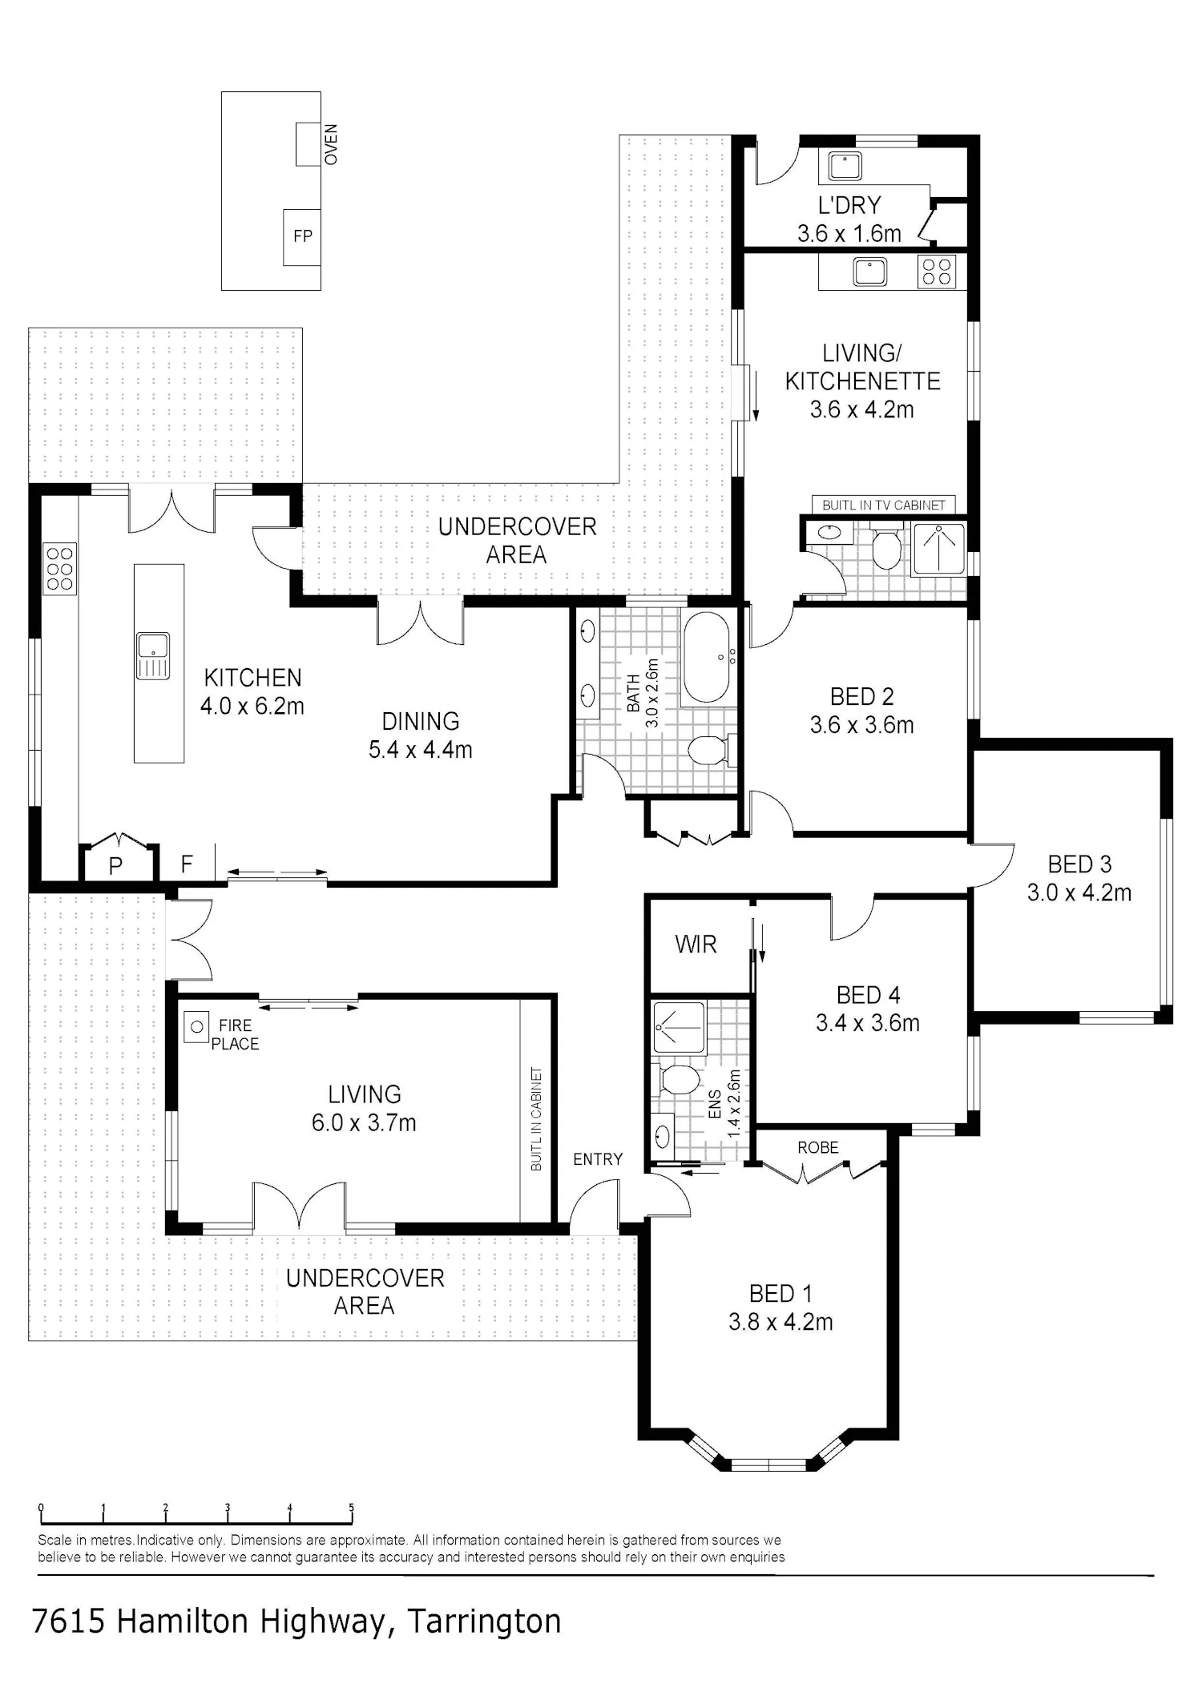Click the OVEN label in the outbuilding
331,144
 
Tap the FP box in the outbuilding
302,236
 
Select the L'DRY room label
849,206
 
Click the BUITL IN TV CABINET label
884,505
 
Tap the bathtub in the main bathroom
706,657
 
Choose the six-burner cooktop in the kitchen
60,569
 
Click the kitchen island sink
152,655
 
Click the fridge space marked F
187,864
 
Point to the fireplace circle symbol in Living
196,1027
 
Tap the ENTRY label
598,1159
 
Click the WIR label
696,945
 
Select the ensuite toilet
680,1078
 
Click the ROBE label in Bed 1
818,1148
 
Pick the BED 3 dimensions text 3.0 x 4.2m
1079,892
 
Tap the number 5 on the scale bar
351,1508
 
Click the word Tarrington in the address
485,1621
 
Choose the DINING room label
421,721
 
